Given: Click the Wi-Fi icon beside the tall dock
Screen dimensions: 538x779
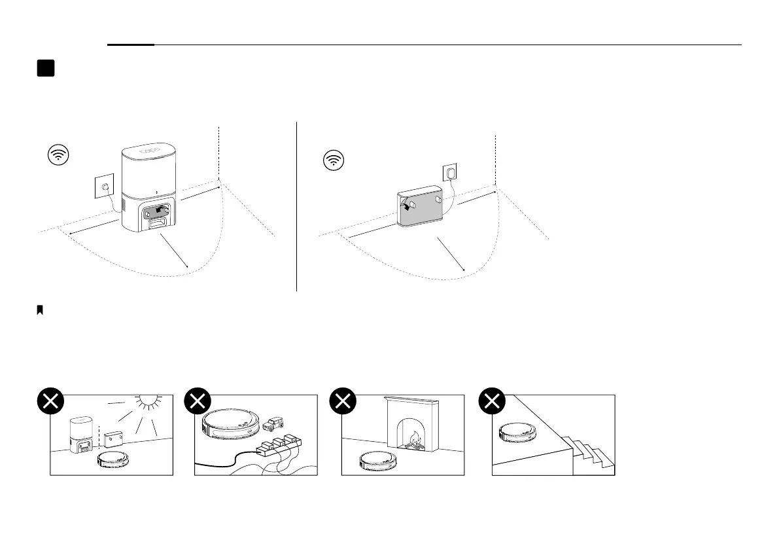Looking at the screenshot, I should point(60,156).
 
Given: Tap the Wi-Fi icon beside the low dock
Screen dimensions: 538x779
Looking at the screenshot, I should point(334,160).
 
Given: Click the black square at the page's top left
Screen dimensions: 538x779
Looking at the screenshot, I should point(45,69).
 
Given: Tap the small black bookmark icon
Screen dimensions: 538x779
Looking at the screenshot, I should point(40,310).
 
